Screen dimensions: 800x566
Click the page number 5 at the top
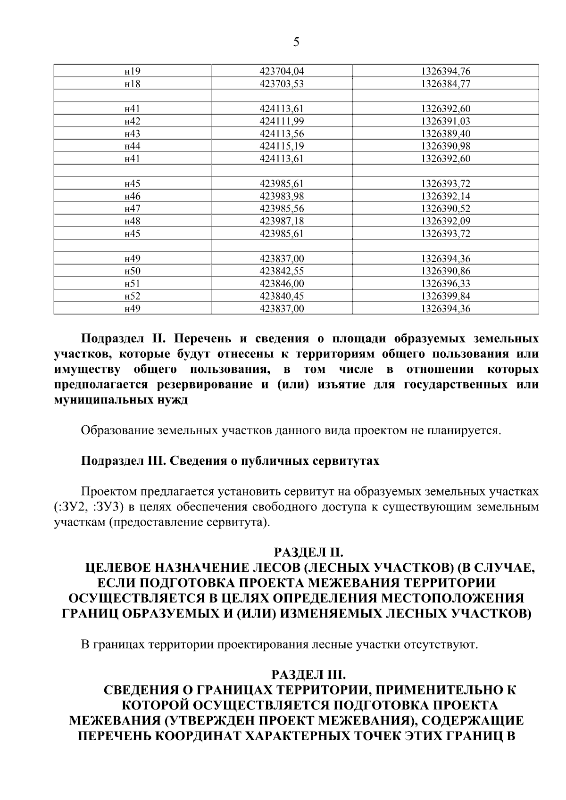pyautogui.click(x=296, y=42)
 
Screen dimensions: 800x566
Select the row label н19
pyautogui.click(x=132, y=72)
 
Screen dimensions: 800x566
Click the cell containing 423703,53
pyautogui.click(x=282, y=84)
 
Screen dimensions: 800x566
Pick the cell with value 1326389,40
pyautogui.click(x=445, y=134)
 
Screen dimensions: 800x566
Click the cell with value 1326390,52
pyautogui.click(x=445, y=209)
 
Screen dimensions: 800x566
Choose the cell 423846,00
pyautogui.click(x=282, y=284)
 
